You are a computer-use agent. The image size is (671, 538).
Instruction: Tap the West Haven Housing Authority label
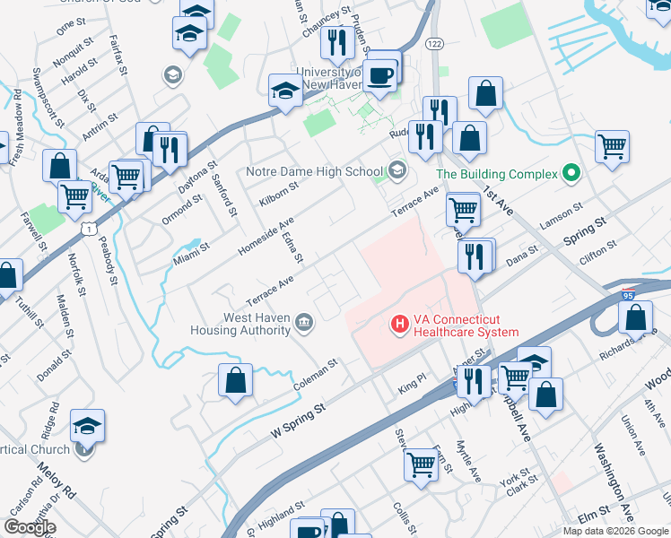pos(240,324)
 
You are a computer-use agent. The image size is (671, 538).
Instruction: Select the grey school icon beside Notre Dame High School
pos(396,170)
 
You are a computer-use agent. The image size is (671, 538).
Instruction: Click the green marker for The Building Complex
pos(569,174)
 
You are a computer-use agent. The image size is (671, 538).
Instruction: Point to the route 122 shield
pos(436,45)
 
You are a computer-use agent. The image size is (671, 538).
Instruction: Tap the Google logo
pos(30,527)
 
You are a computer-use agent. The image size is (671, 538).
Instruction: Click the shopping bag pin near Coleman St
pos(235,380)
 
